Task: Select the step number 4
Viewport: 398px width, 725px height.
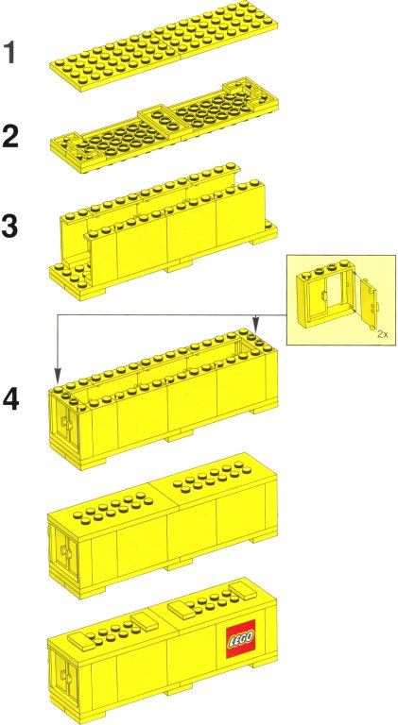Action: [x=11, y=399]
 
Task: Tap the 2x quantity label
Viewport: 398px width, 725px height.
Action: [x=382, y=334]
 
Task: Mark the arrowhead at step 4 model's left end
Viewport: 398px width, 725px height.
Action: [x=57, y=375]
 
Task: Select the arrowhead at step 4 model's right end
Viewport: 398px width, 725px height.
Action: [x=255, y=321]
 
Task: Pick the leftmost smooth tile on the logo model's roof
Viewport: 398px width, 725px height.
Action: [x=82, y=640]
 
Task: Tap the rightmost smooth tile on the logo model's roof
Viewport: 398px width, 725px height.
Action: [x=243, y=592]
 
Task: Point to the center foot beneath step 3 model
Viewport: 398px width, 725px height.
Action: [x=179, y=265]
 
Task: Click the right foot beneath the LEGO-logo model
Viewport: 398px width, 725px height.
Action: [x=264, y=665]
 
